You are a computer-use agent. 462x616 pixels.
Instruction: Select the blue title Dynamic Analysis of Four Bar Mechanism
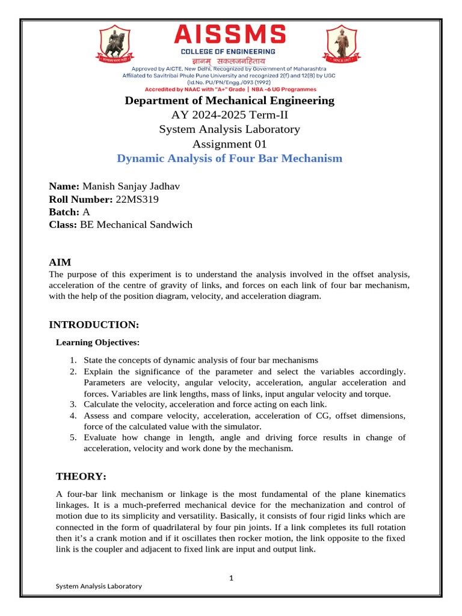pos(229,159)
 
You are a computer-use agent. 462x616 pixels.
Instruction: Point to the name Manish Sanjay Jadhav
pos(131,186)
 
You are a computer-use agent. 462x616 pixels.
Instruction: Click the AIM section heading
pos(60,262)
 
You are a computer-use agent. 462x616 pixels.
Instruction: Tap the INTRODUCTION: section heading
pos(94,325)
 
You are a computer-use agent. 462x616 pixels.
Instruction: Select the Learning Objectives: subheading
pos(97,342)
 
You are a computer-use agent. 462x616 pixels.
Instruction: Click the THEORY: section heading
pos(81,476)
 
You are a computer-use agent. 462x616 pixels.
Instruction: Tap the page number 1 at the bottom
pos(230,578)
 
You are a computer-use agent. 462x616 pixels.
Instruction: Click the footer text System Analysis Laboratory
pos(99,586)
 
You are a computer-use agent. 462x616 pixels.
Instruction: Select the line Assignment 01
pos(229,144)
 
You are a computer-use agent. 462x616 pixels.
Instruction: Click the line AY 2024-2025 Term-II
pos(229,115)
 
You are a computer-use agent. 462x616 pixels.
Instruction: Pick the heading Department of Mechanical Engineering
pos(229,100)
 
